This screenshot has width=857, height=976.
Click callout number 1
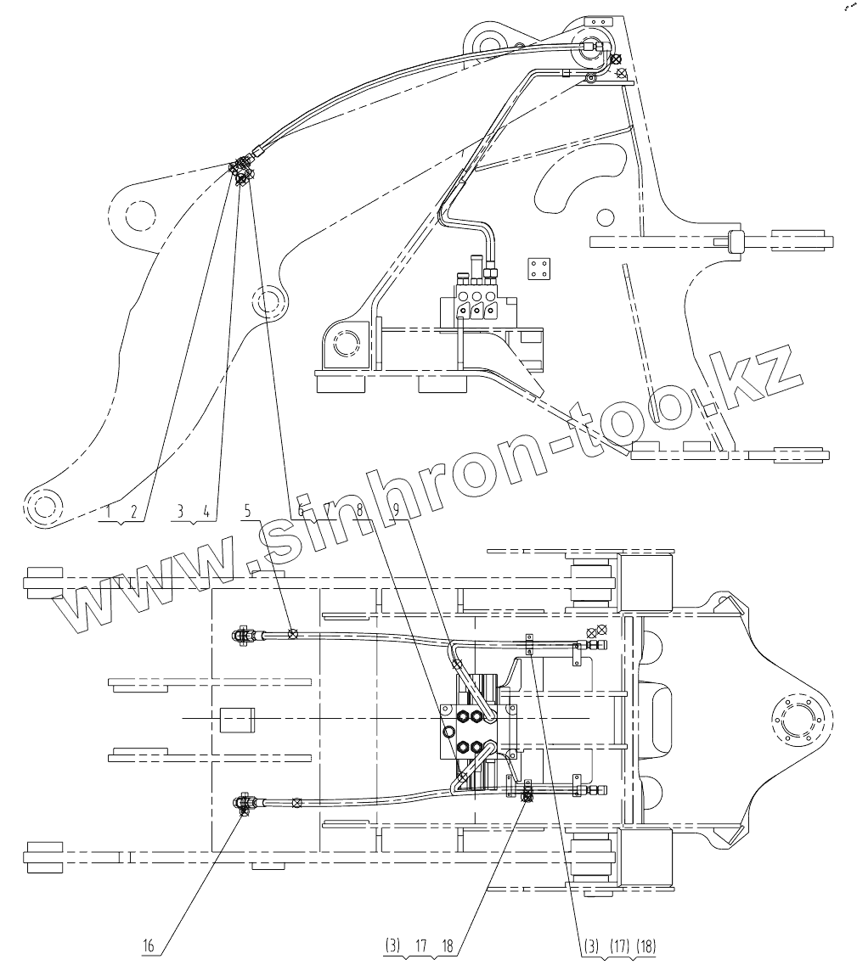[x=110, y=511]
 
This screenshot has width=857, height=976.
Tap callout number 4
[x=206, y=511]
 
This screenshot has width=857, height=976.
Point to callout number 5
[x=247, y=511]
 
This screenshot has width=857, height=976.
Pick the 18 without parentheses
[x=448, y=944]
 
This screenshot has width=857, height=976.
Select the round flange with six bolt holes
[x=797, y=720]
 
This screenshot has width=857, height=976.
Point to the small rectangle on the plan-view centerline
[x=237, y=720]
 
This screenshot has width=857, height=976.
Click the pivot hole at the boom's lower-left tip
[x=44, y=506]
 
